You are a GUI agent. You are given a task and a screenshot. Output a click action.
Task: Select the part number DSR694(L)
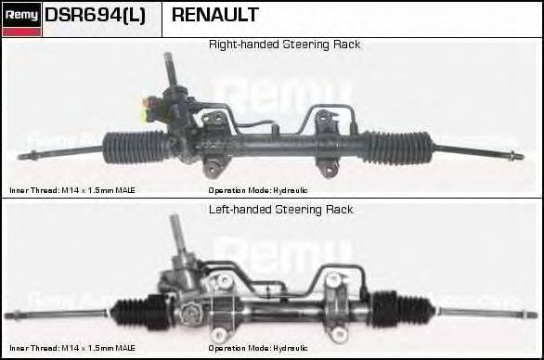(95, 16)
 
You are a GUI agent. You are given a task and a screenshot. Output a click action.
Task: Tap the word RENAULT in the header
(215, 16)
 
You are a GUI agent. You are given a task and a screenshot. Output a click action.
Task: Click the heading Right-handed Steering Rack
(284, 45)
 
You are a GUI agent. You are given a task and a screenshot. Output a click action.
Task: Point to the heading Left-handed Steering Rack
(279, 210)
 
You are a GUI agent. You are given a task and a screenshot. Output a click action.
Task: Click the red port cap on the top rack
(147, 102)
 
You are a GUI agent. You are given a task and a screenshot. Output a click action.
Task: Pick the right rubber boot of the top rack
(396, 146)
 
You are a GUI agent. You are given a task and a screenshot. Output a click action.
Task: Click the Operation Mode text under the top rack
(258, 190)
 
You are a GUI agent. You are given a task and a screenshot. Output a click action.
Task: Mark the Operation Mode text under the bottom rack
(258, 349)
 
